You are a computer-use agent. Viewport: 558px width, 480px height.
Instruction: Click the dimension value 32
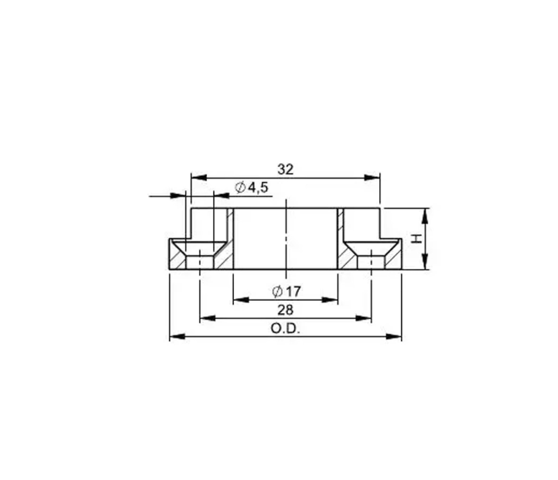tap(286, 169)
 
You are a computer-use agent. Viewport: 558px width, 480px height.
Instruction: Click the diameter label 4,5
tap(258, 187)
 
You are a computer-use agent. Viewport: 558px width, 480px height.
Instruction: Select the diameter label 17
tap(293, 292)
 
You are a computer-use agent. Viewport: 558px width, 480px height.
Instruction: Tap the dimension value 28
tap(286, 310)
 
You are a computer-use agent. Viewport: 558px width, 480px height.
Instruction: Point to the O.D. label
tap(286, 328)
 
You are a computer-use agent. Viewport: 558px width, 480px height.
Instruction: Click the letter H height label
tap(417, 239)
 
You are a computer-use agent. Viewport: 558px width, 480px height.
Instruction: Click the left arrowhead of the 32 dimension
tap(198, 177)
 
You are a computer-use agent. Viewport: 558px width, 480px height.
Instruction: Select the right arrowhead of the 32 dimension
tap(372, 177)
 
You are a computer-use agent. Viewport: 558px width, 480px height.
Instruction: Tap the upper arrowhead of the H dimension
tap(425, 216)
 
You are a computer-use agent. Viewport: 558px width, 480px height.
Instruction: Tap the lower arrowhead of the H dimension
tap(425, 261)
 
